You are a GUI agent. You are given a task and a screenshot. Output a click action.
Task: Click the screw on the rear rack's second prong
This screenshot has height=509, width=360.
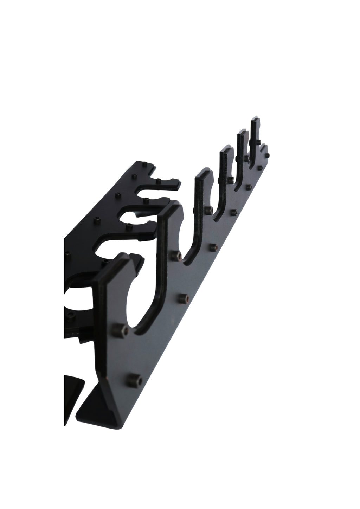(145, 201)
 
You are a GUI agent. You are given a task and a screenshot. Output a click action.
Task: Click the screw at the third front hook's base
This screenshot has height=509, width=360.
(210, 210)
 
